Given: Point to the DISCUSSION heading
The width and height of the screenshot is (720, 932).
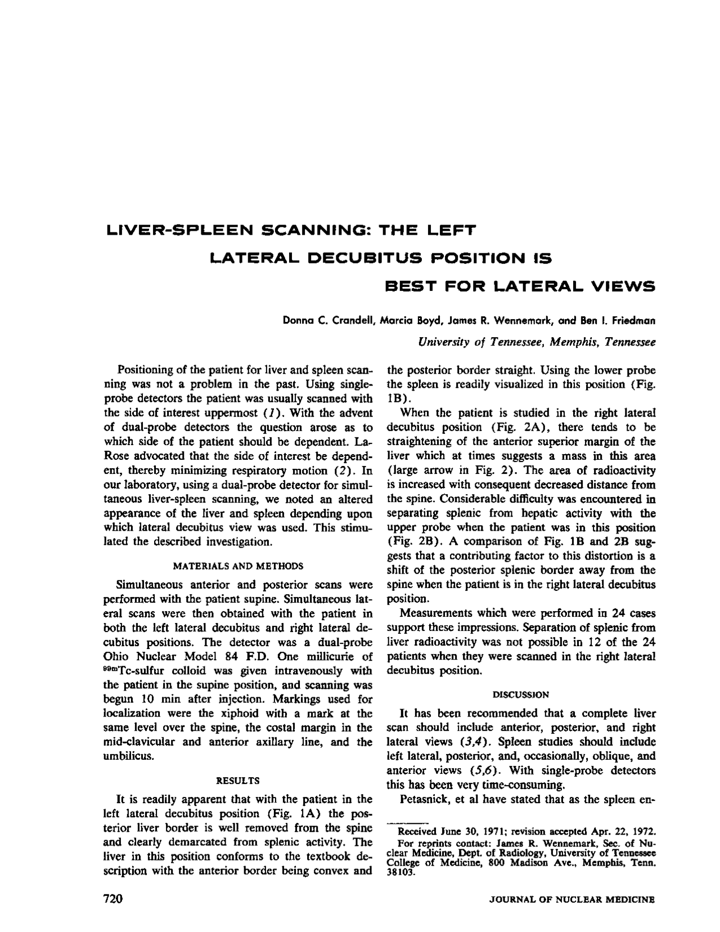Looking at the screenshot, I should coord(521,694).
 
